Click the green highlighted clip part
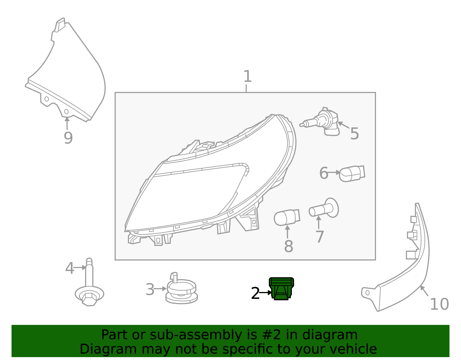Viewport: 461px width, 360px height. tap(281, 289)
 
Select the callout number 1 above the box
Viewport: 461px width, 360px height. tap(247, 76)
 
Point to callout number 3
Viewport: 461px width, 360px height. tap(150, 289)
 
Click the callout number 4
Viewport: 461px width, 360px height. tap(69, 268)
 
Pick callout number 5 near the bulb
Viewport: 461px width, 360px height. tap(354, 133)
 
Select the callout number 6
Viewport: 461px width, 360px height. tap(324, 173)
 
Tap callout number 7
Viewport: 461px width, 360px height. tap(320, 237)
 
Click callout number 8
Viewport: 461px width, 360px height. tap(288, 246)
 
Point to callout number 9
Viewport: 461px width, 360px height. tap(68, 138)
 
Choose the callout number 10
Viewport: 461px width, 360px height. tap(439, 304)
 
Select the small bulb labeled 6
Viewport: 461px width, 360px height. tap(352, 174)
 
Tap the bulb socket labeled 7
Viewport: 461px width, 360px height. tap(324, 208)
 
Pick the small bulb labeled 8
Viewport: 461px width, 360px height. tap(287, 217)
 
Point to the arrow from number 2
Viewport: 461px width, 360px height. tap(266, 293)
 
